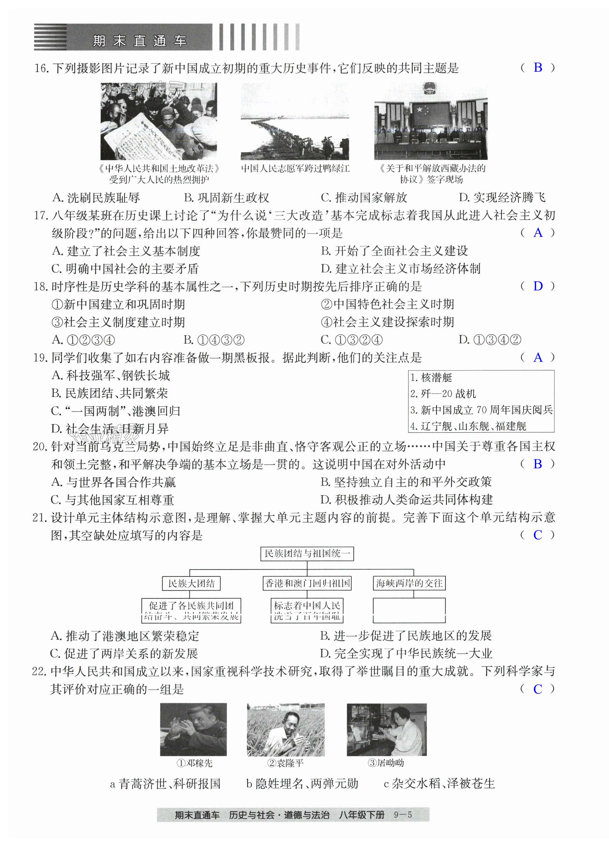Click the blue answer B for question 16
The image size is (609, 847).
coord(538,67)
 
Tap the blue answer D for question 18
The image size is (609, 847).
coord(538,286)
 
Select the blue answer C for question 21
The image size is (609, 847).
coord(538,535)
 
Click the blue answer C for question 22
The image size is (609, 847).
coord(538,689)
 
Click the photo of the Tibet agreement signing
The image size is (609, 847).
coord(431,121)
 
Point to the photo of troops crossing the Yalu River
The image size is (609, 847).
coord(295,121)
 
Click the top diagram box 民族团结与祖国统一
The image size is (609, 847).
coord(307,554)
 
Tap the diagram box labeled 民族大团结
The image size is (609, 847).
coord(191,583)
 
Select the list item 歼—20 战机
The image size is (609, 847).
coord(443,394)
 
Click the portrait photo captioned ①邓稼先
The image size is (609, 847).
coord(193,729)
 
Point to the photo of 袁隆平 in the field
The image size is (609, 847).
coord(286,729)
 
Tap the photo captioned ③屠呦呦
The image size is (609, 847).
coord(386,729)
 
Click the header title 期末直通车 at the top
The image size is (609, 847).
coord(140,40)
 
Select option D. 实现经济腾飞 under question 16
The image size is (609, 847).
coord(502,197)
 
